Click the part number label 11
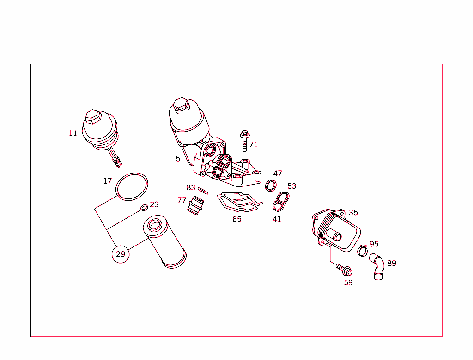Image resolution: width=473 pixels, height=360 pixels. click(x=73, y=133)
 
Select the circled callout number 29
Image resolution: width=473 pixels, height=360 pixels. click(x=120, y=254)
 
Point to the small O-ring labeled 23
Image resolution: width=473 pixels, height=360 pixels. click(x=144, y=207)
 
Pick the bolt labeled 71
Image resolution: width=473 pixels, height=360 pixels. click(x=244, y=140)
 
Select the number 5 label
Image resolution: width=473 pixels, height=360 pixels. click(x=178, y=159)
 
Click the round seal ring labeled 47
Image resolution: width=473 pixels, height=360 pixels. click(x=271, y=186)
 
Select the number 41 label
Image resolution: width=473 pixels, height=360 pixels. click(x=277, y=219)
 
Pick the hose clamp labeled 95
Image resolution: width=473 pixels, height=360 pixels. click(x=363, y=250)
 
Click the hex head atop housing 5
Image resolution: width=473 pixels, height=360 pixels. click(x=180, y=103)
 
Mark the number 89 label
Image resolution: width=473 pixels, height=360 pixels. click(x=391, y=264)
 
